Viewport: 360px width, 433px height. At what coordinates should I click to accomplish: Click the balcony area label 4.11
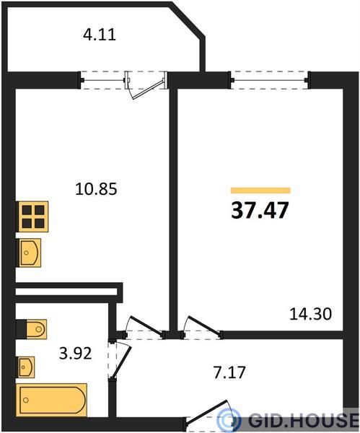click(100, 35)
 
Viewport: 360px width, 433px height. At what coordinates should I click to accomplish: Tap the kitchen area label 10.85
click(96, 189)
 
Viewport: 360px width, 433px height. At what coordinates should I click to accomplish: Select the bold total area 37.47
click(260, 211)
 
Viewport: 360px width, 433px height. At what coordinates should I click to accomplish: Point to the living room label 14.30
click(311, 314)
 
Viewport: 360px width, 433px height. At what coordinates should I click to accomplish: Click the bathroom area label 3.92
click(75, 353)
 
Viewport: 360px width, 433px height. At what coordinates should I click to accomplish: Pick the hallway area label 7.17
click(229, 372)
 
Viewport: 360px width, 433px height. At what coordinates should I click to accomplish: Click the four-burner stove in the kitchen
click(33, 216)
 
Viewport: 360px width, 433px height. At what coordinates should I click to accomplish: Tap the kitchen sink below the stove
click(30, 253)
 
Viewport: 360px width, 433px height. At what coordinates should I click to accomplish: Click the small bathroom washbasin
click(26, 367)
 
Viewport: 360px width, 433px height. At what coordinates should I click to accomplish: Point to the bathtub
click(52, 400)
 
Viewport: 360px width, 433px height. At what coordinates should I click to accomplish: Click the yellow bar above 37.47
click(260, 191)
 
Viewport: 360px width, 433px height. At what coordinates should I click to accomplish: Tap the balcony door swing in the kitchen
click(146, 86)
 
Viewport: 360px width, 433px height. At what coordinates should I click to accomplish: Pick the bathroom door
click(120, 359)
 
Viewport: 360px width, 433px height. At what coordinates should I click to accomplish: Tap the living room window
click(269, 80)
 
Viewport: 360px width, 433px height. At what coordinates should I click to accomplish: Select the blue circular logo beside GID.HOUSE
click(228, 420)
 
